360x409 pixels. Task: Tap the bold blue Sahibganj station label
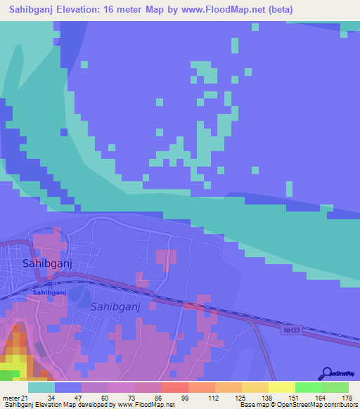coord(49,292)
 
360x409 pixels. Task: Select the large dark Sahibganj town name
coord(48,264)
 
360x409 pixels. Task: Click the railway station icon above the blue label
coord(49,283)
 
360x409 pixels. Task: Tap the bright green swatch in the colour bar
coord(307,387)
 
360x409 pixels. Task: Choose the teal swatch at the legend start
coord(41,387)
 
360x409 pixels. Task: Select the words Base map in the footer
coord(255,405)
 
